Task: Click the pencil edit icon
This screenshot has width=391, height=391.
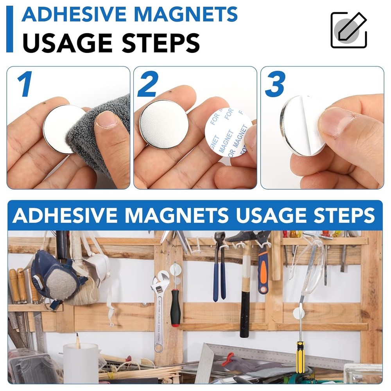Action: pos(348,30)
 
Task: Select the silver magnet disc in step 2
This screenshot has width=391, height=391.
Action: pos(164,124)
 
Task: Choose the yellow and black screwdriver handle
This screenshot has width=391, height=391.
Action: pos(300,356)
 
